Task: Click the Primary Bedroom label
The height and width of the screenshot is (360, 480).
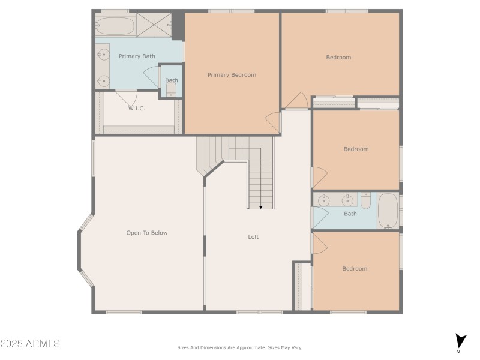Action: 232,75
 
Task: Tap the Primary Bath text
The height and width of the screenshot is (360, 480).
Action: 137,56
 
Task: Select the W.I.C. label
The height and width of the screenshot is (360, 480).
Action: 136,109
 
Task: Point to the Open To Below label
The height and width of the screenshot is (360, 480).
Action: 147,233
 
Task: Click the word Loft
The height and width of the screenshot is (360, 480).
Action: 254,237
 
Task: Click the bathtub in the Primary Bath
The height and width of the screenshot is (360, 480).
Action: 115,26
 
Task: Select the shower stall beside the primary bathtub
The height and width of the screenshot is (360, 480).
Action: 154,25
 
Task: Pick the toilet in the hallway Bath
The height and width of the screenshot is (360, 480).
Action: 366,200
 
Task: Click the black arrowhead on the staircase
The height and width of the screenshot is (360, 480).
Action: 260,207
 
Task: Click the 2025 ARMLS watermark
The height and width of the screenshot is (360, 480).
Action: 30,344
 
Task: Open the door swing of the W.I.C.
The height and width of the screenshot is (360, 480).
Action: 127,96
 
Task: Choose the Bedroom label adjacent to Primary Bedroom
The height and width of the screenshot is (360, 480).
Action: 338,58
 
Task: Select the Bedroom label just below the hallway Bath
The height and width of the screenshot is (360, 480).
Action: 355,269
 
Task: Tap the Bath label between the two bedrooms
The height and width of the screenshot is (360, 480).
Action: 350,214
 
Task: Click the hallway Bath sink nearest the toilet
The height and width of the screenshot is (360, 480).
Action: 346,200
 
